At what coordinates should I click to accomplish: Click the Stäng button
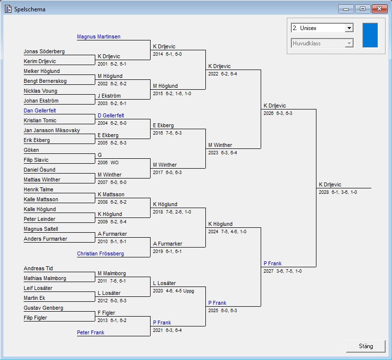(x=366, y=346)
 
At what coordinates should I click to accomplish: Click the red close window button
(x=379, y=9)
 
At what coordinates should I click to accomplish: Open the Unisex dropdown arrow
(x=349, y=28)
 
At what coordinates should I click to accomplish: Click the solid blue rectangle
(x=370, y=35)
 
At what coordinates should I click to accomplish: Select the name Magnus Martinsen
(x=99, y=36)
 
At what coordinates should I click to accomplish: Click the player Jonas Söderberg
(x=44, y=51)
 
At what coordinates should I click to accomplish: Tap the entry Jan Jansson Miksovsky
(x=52, y=130)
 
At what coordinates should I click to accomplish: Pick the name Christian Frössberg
(x=101, y=253)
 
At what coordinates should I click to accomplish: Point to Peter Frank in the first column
(x=90, y=332)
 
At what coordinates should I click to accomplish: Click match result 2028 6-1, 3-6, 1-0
(x=338, y=192)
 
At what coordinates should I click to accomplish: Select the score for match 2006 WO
(x=108, y=163)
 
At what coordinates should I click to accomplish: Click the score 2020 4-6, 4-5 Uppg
(x=173, y=291)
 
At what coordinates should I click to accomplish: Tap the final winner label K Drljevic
(x=330, y=184)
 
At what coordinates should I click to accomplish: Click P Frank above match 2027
(x=273, y=263)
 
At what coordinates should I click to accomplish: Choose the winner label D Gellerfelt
(x=111, y=115)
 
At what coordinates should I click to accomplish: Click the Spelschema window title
(x=30, y=9)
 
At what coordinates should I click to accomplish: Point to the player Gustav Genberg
(x=43, y=308)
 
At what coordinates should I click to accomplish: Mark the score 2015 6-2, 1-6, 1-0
(x=172, y=94)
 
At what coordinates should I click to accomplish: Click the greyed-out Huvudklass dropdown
(x=322, y=43)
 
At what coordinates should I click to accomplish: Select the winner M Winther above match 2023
(x=220, y=145)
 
